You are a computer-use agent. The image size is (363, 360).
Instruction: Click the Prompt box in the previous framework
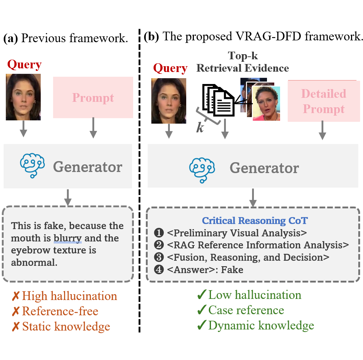(93, 97)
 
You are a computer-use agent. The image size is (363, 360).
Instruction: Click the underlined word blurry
(68, 238)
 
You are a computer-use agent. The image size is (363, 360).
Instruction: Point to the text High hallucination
(69, 296)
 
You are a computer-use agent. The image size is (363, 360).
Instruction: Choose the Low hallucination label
(255, 295)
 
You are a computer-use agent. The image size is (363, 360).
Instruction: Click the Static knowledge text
(66, 326)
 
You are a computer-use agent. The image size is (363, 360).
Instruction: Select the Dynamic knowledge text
(261, 325)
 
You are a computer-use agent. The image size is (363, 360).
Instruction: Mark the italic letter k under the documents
(200, 128)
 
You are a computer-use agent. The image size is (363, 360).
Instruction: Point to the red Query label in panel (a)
(24, 65)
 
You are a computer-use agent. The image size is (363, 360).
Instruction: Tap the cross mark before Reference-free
(15, 311)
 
